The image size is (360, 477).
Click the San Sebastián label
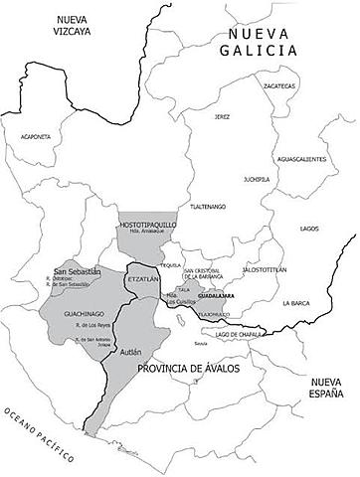pyautogui.click(x=78, y=271)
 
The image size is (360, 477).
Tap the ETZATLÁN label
pyautogui.click(x=144, y=282)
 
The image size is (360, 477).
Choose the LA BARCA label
pyautogui.click(x=298, y=301)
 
